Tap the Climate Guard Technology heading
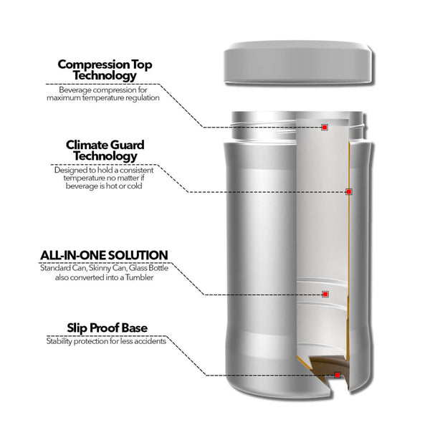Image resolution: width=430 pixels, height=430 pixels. point(105,150)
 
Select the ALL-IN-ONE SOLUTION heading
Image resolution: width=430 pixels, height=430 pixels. point(104,255)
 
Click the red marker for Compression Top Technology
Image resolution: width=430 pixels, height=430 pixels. point(325,128)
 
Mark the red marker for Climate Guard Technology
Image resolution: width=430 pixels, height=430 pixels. point(349,191)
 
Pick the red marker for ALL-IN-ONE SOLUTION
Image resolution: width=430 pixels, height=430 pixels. point(325,294)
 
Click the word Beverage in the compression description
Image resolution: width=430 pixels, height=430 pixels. point(77,90)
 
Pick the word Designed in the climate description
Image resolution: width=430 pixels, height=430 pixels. point(69,170)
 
